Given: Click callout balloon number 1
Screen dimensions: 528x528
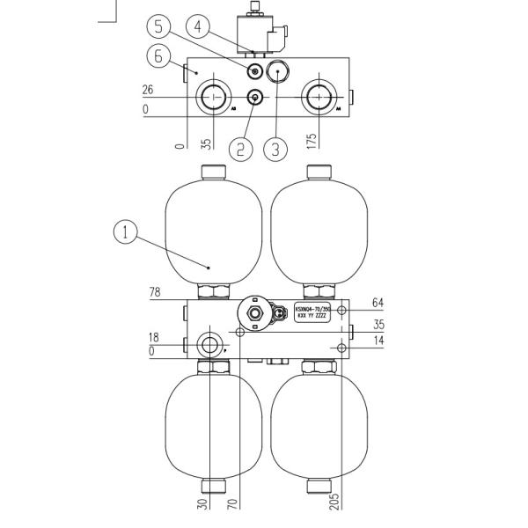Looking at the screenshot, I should point(126,232).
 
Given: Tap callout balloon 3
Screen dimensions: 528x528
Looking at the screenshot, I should point(275,149).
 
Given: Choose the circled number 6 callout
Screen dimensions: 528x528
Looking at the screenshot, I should point(158,55).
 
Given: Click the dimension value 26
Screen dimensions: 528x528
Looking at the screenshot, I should point(148,89).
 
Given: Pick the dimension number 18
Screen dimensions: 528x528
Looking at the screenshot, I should point(154,337).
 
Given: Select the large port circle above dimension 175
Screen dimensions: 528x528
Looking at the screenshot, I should point(319,97).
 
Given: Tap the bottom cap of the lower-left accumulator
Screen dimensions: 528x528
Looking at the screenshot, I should point(213,485).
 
